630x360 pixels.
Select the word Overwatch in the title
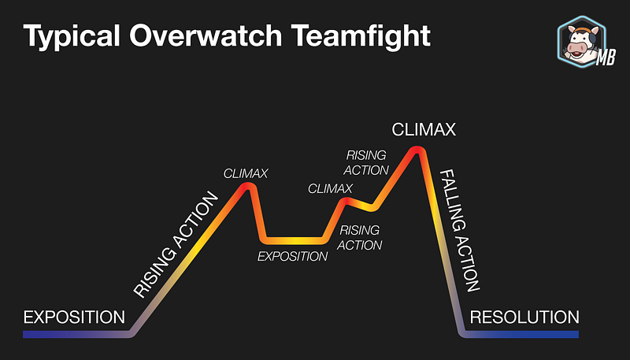coord(206,35)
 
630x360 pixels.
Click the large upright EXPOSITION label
coord(74,317)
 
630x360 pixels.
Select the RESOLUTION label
coord(524,317)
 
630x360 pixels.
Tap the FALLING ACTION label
coord(460,230)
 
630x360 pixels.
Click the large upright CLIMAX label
coord(424,130)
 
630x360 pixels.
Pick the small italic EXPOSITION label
coord(292,256)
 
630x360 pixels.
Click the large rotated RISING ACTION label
coord(176,245)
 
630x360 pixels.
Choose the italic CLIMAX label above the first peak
coord(246,173)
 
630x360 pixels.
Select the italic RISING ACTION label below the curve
coord(360,237)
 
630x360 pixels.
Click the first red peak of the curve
coord(247,186)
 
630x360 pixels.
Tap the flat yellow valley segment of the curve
coord(293,241)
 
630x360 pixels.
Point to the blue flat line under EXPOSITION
coord(76,334)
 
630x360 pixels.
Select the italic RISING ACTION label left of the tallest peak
coord(366,163)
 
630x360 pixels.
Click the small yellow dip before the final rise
coord(371,207)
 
